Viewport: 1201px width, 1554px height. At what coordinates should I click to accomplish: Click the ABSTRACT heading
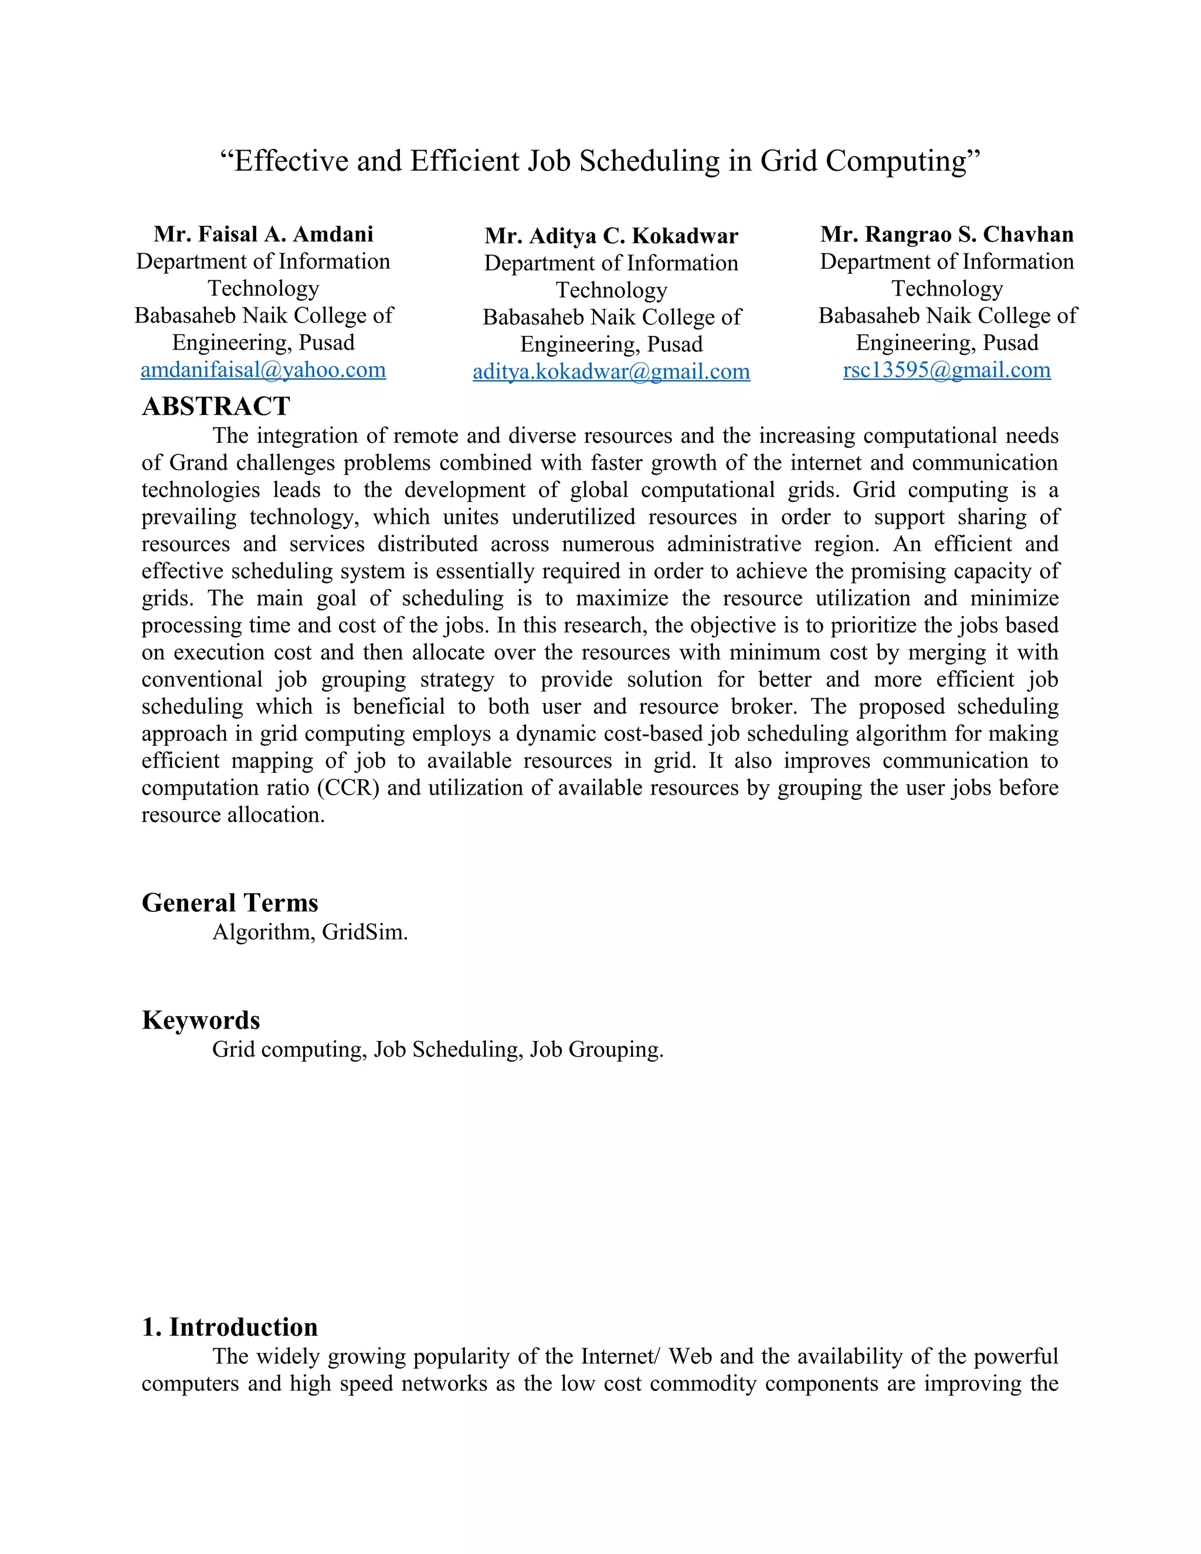[x=216, y=407]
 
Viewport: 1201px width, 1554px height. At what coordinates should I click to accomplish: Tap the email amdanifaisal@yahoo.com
[x=263, y=370]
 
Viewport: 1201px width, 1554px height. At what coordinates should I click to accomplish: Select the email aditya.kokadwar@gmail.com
[x=611, y=371]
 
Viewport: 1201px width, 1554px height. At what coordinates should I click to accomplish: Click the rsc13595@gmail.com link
[x=946, y=370]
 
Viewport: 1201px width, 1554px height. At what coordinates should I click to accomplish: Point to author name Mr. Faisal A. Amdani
[x=263, y=234]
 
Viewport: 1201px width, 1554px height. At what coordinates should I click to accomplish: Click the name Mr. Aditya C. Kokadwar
[x=611, y=236]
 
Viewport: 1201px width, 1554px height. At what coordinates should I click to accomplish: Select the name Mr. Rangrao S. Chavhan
[x=946, y=234]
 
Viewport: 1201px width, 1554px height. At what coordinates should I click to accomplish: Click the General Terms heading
[x=230, y=903]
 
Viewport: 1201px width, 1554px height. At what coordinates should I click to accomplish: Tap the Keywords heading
[x=201, y=1020]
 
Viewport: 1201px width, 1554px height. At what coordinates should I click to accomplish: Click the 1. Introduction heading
[x=230, y=1328]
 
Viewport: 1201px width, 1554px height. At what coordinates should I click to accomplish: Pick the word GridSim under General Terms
[x=364, y=932]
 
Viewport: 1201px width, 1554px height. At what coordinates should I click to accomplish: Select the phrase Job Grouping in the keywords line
[x=596, y=1050]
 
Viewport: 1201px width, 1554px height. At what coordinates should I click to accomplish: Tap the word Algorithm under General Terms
[x=263, y=932]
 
